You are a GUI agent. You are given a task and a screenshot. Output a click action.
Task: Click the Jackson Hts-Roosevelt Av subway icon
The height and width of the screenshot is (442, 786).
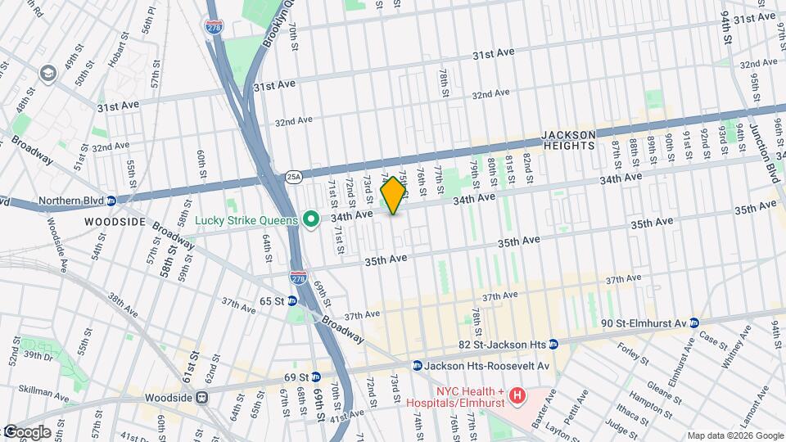(418, 366)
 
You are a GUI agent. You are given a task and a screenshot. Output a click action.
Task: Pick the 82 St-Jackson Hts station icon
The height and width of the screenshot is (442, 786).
(553, 344)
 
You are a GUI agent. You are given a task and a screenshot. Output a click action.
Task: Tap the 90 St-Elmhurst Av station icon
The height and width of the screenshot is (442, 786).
(694, 322)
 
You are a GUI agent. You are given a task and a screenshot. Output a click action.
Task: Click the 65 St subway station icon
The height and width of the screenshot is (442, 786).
(292, 301)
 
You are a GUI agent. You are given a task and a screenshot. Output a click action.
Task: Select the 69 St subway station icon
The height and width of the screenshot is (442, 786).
(316, 377)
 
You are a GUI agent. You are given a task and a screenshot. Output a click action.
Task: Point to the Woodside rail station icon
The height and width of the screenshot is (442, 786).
(201, 398)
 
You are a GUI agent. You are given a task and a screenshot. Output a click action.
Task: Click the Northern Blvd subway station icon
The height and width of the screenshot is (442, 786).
(111, 201)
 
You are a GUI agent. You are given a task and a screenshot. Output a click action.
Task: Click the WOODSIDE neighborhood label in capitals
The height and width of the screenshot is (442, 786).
(115, 222)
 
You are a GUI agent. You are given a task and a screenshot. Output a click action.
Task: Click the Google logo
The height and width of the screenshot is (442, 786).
(26, 432)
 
